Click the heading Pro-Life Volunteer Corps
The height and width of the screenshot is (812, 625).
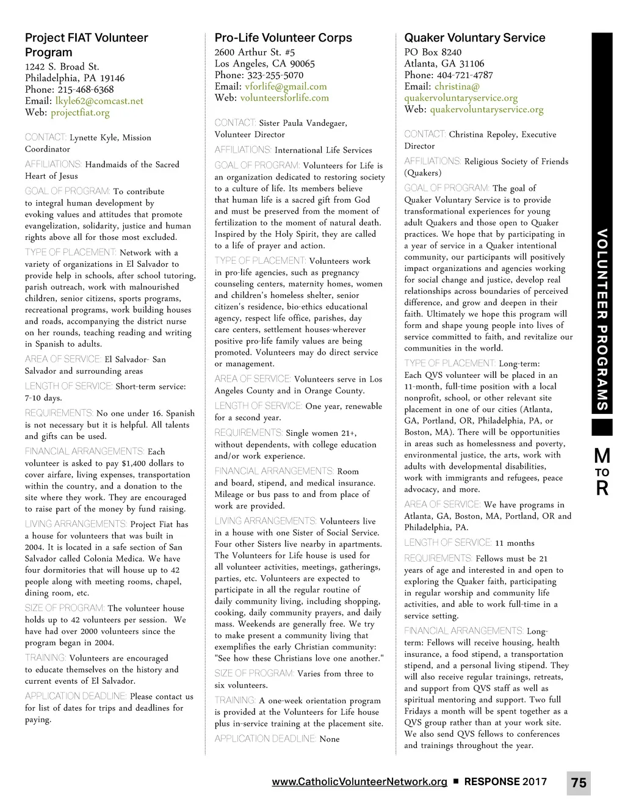[x=283, y=38]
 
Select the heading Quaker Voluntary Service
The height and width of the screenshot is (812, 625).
[x=474, y=38]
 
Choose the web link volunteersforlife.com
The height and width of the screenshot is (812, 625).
[x=284, y=98]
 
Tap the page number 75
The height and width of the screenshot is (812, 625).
[x=579, y=783]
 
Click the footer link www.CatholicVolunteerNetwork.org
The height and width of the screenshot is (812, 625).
[x=359, y=781]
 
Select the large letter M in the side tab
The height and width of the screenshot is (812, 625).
[x=602, y=455]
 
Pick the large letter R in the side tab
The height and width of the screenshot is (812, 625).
[x=602, y=488]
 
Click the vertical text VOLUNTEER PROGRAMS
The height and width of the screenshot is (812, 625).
[x=602, y=319]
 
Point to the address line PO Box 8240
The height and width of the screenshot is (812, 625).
[x=433, y=53]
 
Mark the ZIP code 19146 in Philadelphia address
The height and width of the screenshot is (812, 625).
[x=112, y=78]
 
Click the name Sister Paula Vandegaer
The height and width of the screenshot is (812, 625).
[x=303, y=123]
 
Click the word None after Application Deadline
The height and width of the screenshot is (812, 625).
[x=330, y=739]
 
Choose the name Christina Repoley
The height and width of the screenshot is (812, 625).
[x=483, y=134]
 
